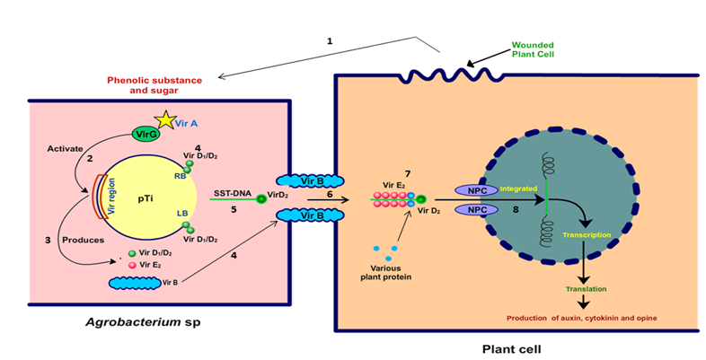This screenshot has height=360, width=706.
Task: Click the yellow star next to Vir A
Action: click(x=164, y=119)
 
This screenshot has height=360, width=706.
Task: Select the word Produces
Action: click(x=80, y=240)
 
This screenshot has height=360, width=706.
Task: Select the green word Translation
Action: click(x=586, y=288)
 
